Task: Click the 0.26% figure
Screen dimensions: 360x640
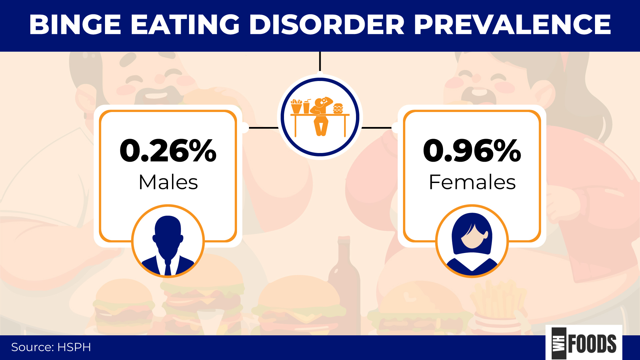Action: (168, 151)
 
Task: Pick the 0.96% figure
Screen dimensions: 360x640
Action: (472, 151)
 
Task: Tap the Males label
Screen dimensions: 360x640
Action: (168, 182)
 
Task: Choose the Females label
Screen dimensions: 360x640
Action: (472, 182)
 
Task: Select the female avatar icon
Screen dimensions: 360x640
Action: (472, 241)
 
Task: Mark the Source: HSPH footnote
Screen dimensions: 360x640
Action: (51, 347)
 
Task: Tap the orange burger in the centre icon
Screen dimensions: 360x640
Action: (338, 108)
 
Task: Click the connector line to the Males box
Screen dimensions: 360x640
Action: (263, 128)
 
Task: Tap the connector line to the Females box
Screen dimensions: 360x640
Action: (377, 128)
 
